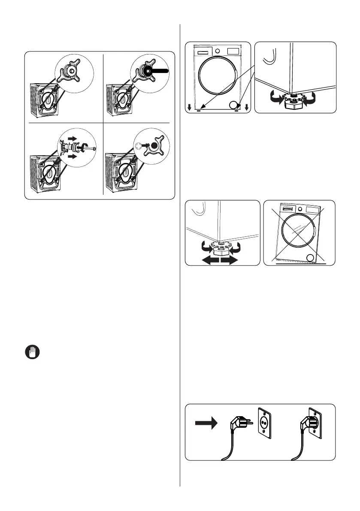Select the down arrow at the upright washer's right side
click(247, 107)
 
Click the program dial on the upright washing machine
click(218, 51)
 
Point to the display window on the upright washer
click(233, 51)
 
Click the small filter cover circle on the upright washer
click(233, 104)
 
